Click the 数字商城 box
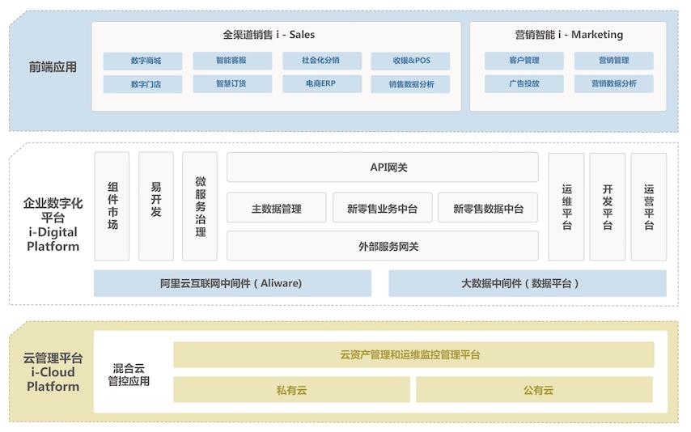click(x=142, y=61)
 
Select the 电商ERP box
click(x=322, y=84)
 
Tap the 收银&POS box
click(x=410, y=61)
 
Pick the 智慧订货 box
click(x=232, y=84)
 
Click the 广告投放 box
click(x=524, y=84)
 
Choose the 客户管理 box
click(x=524, y=61)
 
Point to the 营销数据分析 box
click(x=613, y=84)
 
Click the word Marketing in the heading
click(x=597, y=35)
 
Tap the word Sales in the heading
click(x=302, y=35)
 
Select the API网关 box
click(x=383, y=167)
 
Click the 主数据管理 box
click(x=276, y=208)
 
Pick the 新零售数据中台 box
click(x=488, y=208)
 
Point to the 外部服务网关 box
click(x=383, y=246)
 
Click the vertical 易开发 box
click(x=156, y=206)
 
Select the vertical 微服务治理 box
click(x=200, y=206)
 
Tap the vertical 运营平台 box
click(x=649, y=207)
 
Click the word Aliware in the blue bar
click(x=281, y=283)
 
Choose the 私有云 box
click(x=291, y=389)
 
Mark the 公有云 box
click(x=535, y=389)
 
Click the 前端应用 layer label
click(x=53, y=67)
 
